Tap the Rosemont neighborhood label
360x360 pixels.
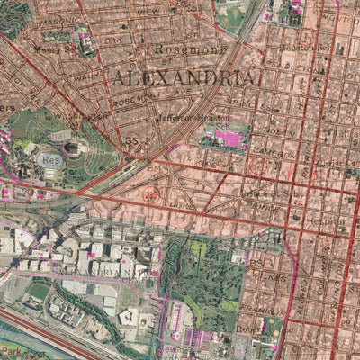click(x=187, y=49)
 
